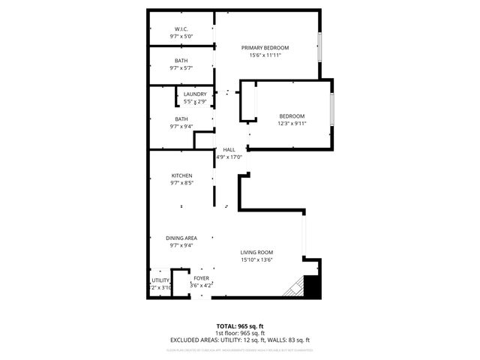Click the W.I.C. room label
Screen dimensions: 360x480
(181, 28)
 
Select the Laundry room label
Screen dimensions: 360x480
(195, 94)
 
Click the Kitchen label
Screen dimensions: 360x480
(181, 175)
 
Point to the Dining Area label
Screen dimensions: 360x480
(181, 238)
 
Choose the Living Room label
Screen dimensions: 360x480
(256, 252)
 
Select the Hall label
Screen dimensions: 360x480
(229, 150)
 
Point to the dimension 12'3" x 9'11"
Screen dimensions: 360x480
(292, 123)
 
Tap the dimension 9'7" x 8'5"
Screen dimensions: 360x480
(181, 183)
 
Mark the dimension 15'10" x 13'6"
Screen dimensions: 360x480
(256, 260)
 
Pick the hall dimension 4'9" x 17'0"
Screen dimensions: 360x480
(229, 157)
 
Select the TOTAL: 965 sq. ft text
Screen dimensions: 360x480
(238, 326)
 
